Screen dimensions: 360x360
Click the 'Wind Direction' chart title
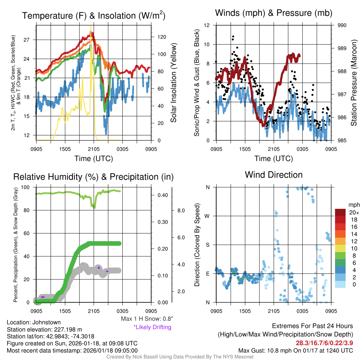tap(274, 175)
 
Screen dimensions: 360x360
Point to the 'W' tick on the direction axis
tap(208, 216)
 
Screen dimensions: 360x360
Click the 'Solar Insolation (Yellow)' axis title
tap(173, 83)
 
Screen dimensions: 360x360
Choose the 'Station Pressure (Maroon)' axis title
tap(354, 83)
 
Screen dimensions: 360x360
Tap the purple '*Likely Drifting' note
tap(152, 327)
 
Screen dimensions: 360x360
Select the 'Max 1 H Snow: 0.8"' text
tap(147, 319)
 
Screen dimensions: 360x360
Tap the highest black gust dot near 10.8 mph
tap(233, 37)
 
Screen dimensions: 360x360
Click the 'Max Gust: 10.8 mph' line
tap(295, 350)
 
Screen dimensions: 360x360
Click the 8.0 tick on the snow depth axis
tap(180, 211)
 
